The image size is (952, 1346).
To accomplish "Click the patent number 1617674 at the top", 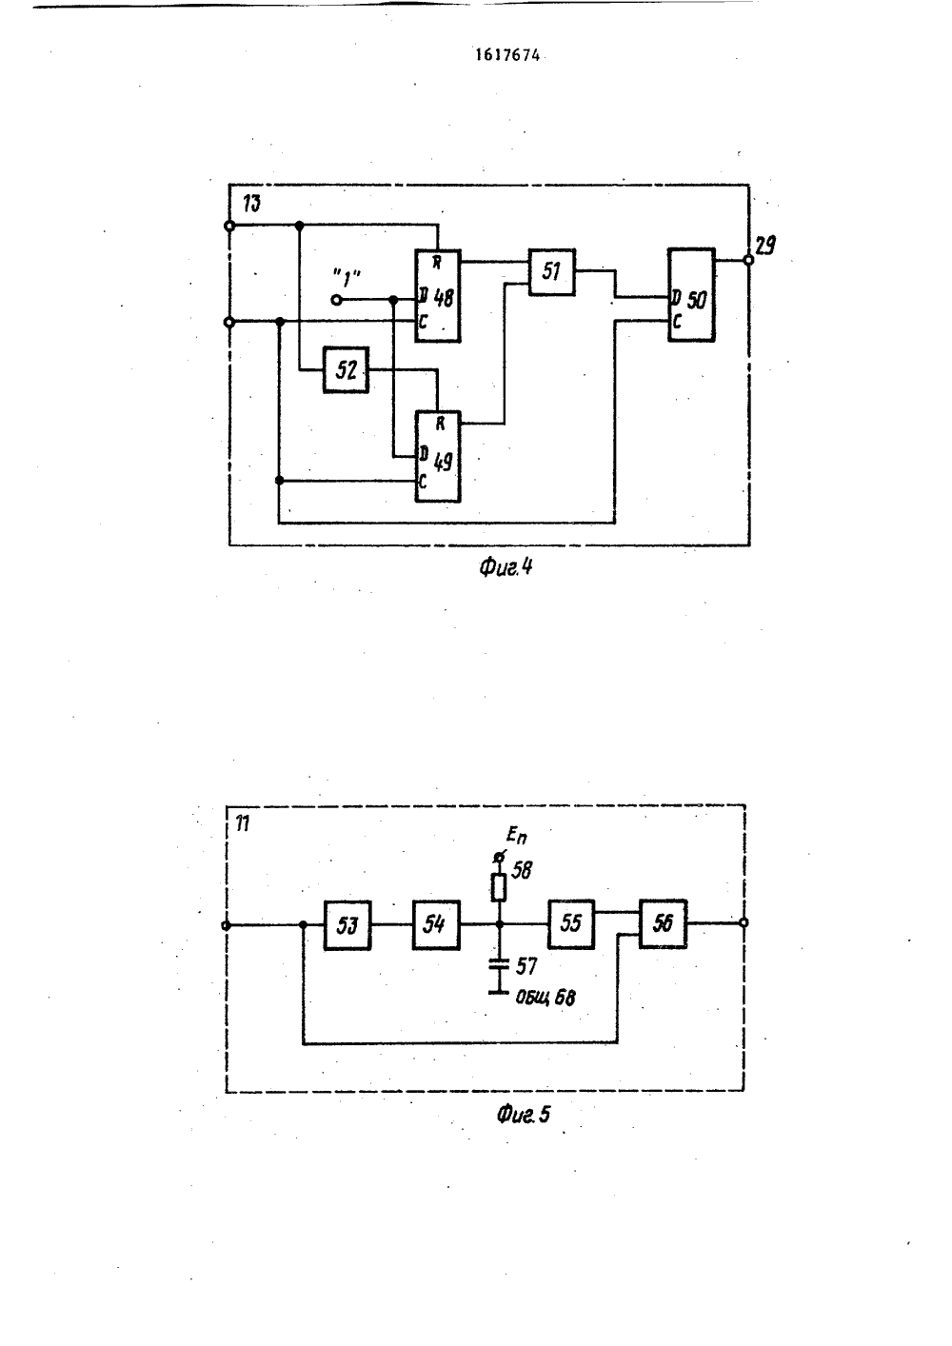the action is pyautogui.click(x=507, y=55).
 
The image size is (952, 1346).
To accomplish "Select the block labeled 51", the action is pyautogui.click(x=552, y=272).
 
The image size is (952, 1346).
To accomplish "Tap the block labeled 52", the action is pyautogui.click(x=346, y=369).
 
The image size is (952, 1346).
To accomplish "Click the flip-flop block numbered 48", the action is pyautogui.click(x=438, y=296).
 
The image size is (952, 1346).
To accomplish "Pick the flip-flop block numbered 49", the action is pyautogui.click(x=438, y=457).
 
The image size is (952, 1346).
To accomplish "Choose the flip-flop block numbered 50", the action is pyautogui.click(x=691, y=295).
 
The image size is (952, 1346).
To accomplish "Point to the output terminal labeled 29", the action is pyautogui.click(x=748, y=260).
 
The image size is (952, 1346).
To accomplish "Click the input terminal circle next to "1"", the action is pyautogui.click(x=337, y=299).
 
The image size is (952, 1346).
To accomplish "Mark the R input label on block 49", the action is pyautogui.click(x=440, y=425).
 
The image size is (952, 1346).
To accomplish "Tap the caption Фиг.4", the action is pyautogui.click(x=506, y=567).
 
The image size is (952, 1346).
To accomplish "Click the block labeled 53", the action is pyautogui.click(x=347, y=925).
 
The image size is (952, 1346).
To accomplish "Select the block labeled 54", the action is pyautogui.click(x=436, y=924).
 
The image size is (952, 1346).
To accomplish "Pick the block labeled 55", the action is pyautogui.click(x=571, y=924).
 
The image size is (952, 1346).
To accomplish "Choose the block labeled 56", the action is pyautogui.click(x=663, y=924).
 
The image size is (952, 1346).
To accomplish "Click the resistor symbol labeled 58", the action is pyautogui.click(x=499, y=888).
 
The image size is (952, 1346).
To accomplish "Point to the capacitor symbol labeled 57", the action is pyautogui.click(x=499, y=965).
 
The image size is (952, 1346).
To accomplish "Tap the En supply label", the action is pyautogui.click(x=516, y=835).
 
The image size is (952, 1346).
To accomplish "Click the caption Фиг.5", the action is pyautogui.click(x=523, y=1115).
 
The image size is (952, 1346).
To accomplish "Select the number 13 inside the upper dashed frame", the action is pyautogui.click(x=252, y=204).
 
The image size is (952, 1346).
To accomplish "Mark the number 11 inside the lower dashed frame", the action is pyautogui.click(x=242, y=823).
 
